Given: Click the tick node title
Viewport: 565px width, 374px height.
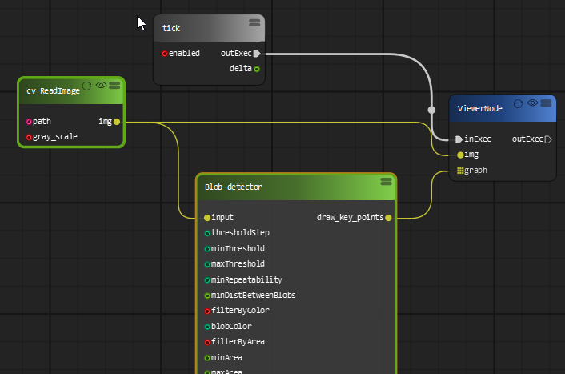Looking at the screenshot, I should pyautogui.click(x=171, y=29).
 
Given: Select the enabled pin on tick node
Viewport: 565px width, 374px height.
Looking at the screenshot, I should pyautogui.click(x=165, y=54).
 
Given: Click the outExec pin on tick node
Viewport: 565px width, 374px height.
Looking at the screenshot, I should pyautogui.click(x=256, y=54).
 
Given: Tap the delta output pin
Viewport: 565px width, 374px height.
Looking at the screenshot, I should pyautogui.click(x=257, y=69).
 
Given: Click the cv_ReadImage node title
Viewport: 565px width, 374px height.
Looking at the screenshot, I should pyautogui.click(x=53, y=91).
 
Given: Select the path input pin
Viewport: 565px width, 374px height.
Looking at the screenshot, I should pyautogui.click(x=29, y=122).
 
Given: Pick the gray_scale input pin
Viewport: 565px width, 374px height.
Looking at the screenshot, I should pyautogui.click(x=29, y=137).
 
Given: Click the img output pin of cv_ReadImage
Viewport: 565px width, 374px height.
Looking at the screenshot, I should pyautogui.click(x=117, y=122).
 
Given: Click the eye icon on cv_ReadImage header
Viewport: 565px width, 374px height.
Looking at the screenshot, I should pyautogui.click(x=101, y=85).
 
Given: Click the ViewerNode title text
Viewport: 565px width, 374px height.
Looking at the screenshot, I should pyautogui.click(x=480, y=108).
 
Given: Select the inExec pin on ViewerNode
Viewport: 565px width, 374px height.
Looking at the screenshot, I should pyautogui.click(x=459, y=139).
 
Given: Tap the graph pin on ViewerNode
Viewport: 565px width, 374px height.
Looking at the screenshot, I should pyautogui.click(x=460, y=170).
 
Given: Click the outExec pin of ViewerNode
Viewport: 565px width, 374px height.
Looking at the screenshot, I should pyautogui.click(x=547, y=139).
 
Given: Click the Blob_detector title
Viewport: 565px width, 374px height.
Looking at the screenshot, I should pyautogui.click(x=234, y=187).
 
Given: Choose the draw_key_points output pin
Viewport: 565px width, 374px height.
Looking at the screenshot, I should pyautogui.click(x=388, y=217).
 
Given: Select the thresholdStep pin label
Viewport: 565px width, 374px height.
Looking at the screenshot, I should pyautogui.click(x=240, y=233).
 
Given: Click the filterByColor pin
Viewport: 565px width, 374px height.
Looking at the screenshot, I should pyautogui.click(x=207, y=311).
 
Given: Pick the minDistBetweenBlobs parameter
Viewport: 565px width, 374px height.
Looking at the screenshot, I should pyautogui.click(x=253, y=296).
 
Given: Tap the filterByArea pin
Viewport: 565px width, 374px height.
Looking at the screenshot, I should pyautogui.click(x=207, y=342).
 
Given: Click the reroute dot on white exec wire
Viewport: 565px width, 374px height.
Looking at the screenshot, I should pyautogui.click(x=431, y=109).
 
